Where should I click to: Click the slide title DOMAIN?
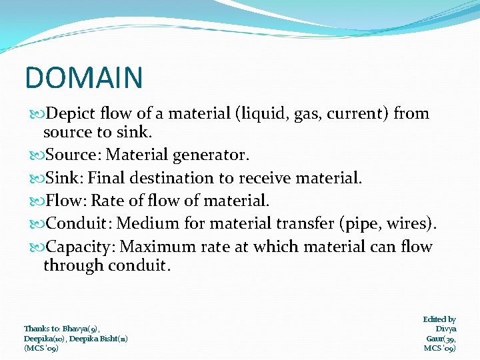point(84,77)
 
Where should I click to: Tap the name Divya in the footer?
point(445,329)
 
